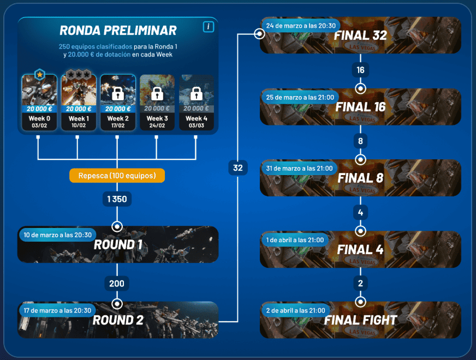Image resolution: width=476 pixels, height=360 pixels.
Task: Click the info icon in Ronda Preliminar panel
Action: click(x=208, y=27)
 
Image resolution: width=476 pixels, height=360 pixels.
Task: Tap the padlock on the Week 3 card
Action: click(x=157, y=93)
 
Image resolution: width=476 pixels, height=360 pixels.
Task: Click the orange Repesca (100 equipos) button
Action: click(x=117, y=176)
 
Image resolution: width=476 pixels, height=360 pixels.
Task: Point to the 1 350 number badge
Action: click(x=117, y=199)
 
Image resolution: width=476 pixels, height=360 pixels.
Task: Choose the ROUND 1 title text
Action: click(x=118, y=245)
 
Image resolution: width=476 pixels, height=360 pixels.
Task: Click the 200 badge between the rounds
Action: click(x=117, y=283)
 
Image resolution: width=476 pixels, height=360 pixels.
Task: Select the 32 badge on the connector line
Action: click(x=238, y=168)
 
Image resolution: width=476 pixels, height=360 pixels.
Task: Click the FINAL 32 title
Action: click(x=361, y=36)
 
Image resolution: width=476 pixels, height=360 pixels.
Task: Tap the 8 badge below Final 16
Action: click(x=360, y=141)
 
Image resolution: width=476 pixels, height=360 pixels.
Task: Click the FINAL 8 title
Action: click(x=361, y=178)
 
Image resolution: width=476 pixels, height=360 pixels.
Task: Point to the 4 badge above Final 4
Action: click(x=360, y=212)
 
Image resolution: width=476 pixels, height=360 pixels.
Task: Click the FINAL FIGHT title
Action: click(x=361, y=320)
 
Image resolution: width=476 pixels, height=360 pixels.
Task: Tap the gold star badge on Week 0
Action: click(x=39, y=74)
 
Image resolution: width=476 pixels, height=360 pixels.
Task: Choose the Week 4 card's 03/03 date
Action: click(x=195, y=125)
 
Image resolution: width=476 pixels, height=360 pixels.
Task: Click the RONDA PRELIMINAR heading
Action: click(x=118, y=30)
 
